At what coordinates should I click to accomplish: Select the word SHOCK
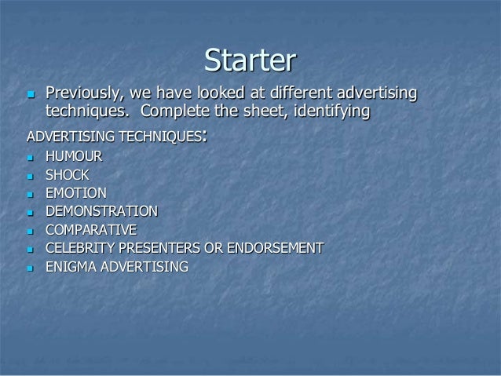(68, 176)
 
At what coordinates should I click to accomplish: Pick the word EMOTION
(76, 193)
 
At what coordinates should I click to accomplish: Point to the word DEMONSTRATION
(101, 211)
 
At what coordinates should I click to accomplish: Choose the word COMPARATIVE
(91, 230)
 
